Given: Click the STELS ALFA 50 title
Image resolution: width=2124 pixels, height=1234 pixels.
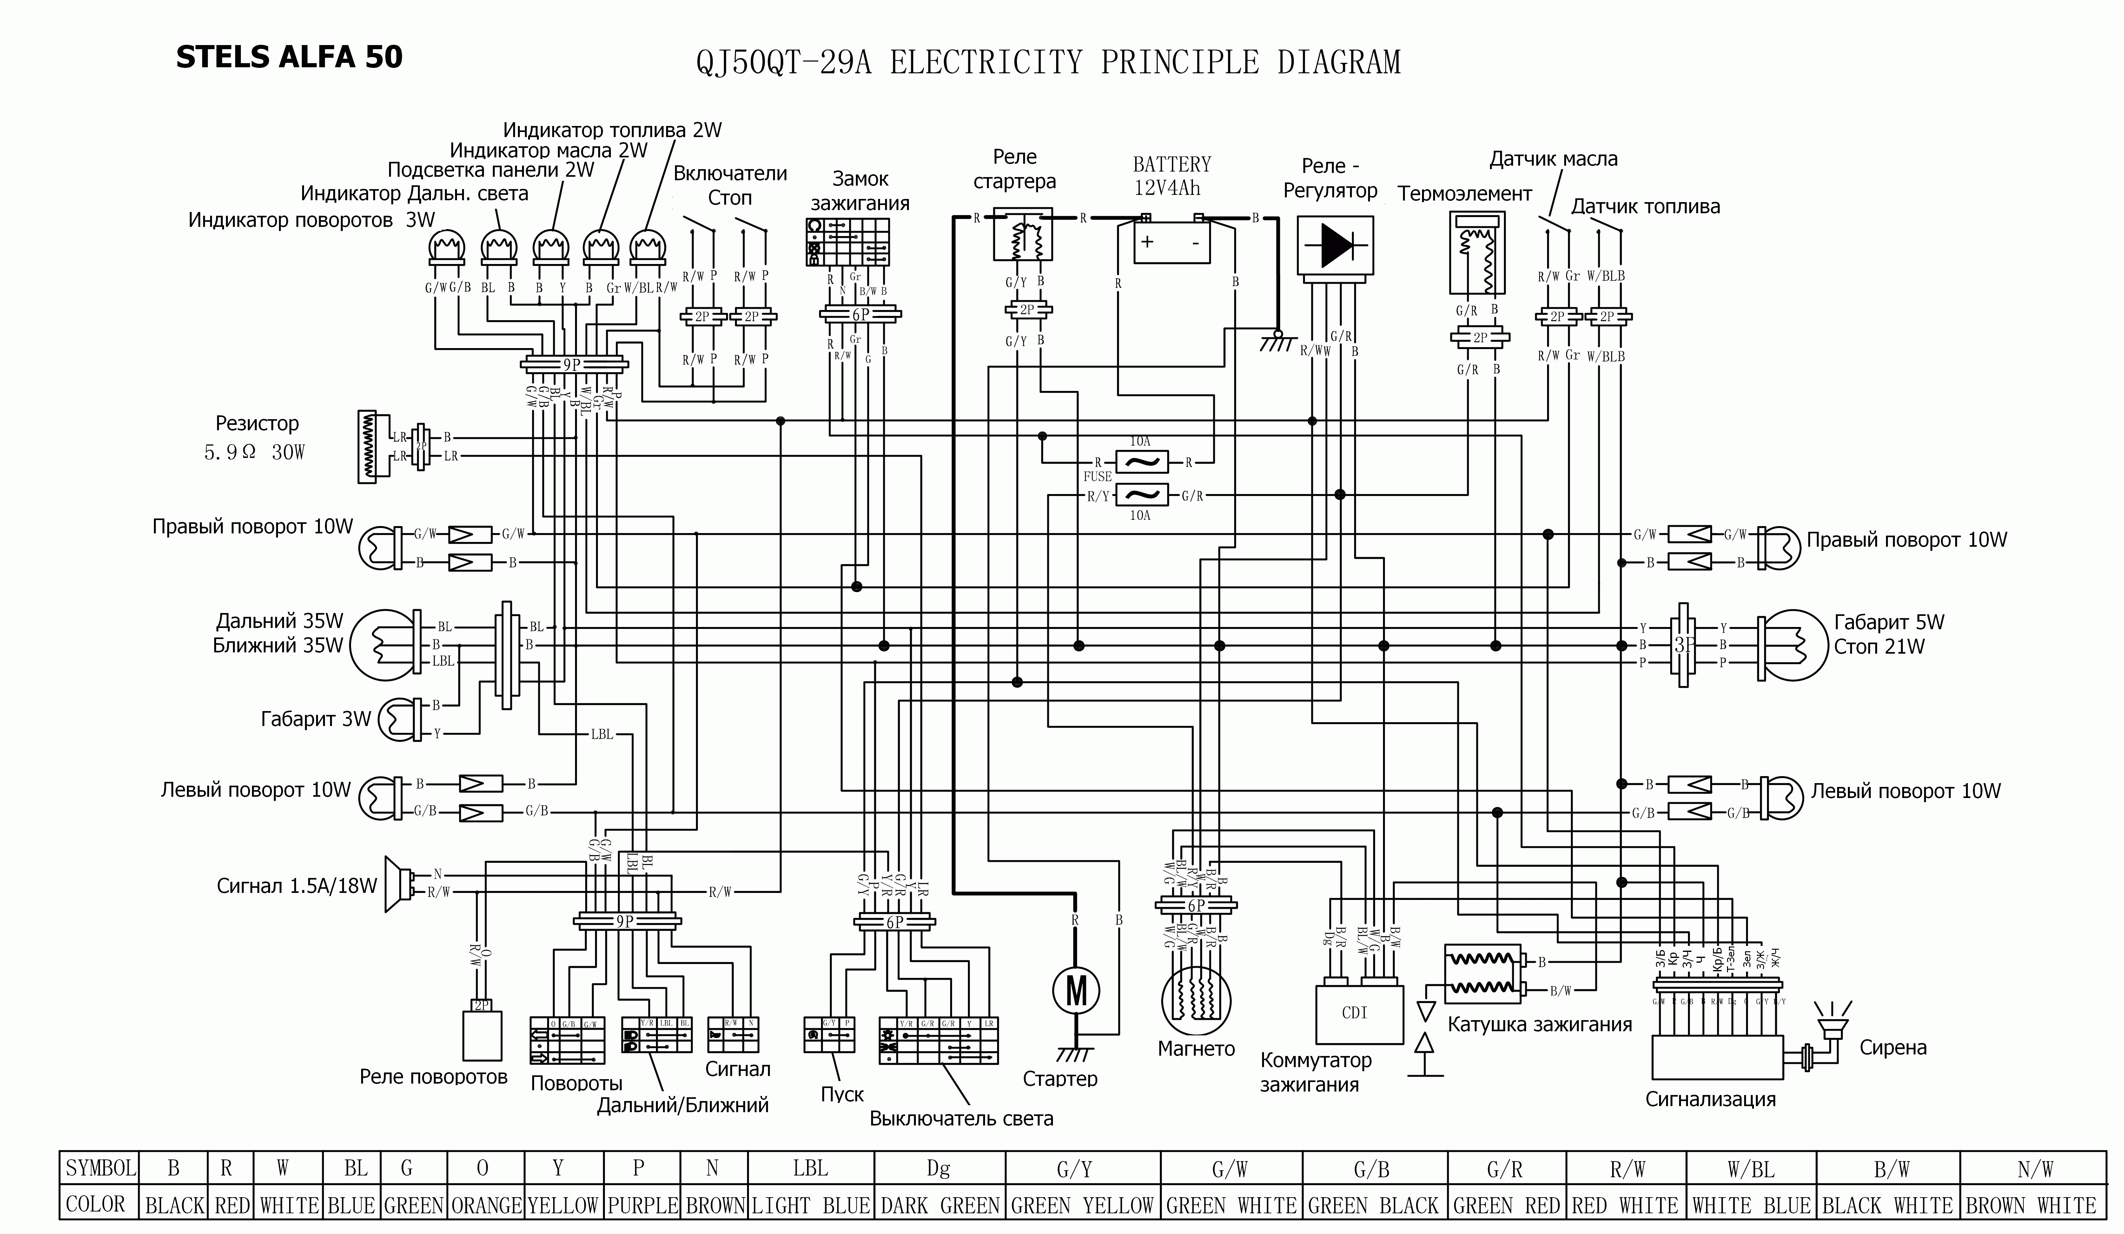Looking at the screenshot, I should [x=289, y=57].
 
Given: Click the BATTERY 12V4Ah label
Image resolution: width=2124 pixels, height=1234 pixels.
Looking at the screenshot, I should [x=1172, y=175].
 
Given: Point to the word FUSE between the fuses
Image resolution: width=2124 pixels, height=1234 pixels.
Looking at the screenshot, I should [x=1097, y=476].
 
